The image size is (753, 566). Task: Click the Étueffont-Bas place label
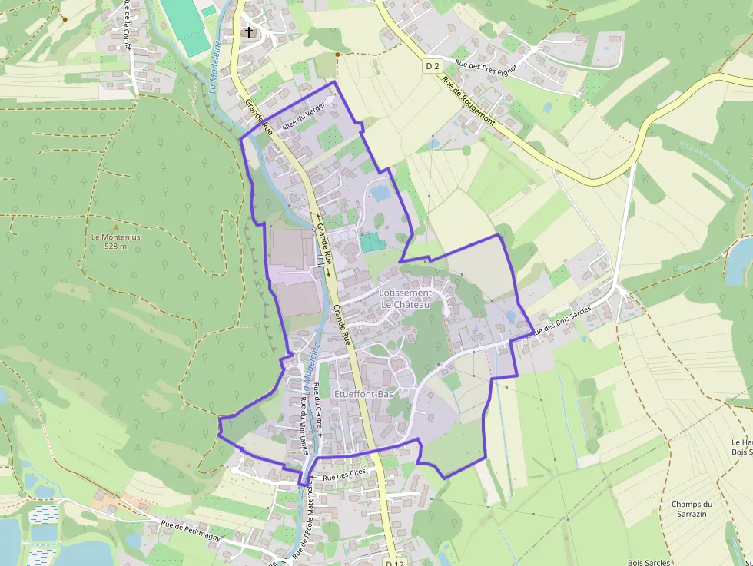(364, 392)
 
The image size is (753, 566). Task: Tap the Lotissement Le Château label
(406, 298)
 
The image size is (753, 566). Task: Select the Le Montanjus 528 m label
(116, 241)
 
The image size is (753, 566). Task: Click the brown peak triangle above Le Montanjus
(116, 227)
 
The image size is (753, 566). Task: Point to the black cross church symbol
(248, 32)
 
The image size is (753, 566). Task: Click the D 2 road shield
(433, 66)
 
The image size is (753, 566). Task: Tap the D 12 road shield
(394, 563)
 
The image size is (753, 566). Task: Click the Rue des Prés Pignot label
(486, 74)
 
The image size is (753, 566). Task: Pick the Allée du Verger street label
(303, 118)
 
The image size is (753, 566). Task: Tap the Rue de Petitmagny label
(191, 530)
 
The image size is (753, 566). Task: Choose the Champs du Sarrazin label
(692, 509)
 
